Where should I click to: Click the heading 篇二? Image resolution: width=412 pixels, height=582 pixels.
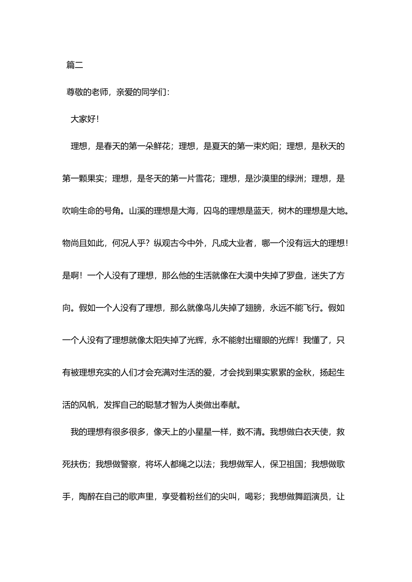coord(75,65)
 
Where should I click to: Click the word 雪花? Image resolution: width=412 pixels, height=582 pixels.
coord(204,178)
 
